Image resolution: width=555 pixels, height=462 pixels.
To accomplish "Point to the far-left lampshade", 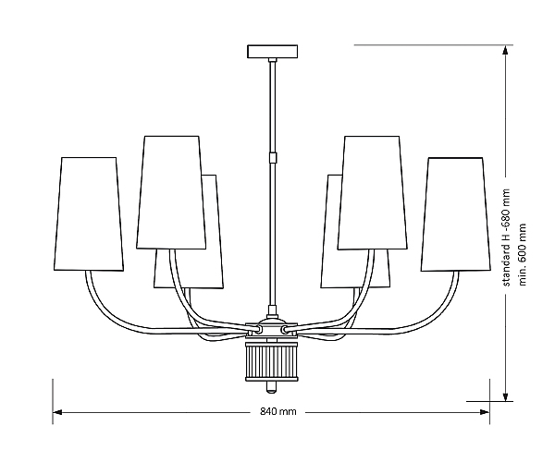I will click(x=91, y=213).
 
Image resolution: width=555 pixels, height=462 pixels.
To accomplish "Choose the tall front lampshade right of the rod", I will click(x=372, y=192).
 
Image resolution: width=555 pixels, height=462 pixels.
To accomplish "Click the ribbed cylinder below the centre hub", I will click(x=272, y=359).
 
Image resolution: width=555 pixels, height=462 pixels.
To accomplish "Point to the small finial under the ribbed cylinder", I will click(x=272, y=383).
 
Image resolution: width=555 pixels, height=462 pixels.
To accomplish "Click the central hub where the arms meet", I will click(x=272, y=328).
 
